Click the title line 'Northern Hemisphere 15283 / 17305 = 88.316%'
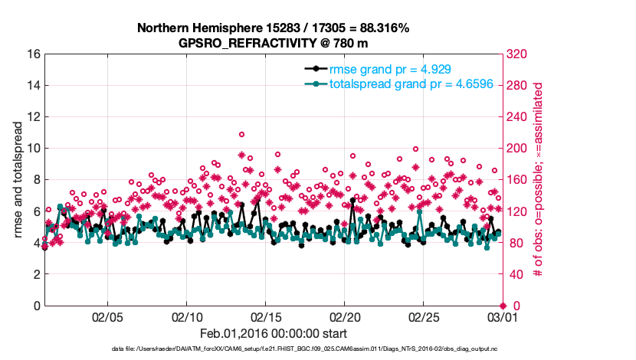click(273, 28)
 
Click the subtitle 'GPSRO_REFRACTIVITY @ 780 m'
click(273, 43)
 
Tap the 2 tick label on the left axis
click(35, 274)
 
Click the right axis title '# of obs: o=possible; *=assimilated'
click(539, 180)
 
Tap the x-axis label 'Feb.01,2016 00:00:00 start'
click(273, 334)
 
